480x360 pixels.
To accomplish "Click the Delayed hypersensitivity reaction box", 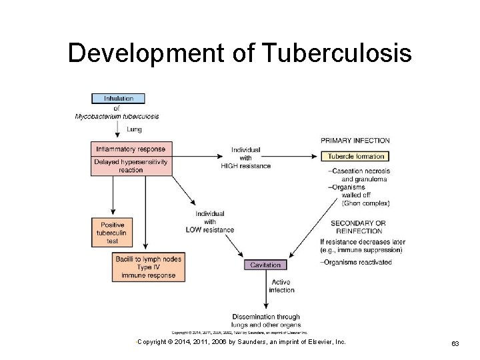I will pos(131,166).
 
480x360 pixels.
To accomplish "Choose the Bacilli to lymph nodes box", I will pos(148,267).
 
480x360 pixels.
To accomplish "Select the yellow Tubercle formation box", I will pos(355,156).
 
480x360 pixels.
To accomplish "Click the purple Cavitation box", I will pos(265,265).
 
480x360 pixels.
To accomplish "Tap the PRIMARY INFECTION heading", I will pos(355,141).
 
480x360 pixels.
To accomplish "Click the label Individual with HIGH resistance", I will pos(246,157).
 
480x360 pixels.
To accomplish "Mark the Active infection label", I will pos(281,286).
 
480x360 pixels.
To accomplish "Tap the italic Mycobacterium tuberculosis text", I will pos(117,116).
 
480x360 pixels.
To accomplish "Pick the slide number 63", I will pos(455,343).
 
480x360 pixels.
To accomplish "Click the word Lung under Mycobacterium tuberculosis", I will pos(133,129).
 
